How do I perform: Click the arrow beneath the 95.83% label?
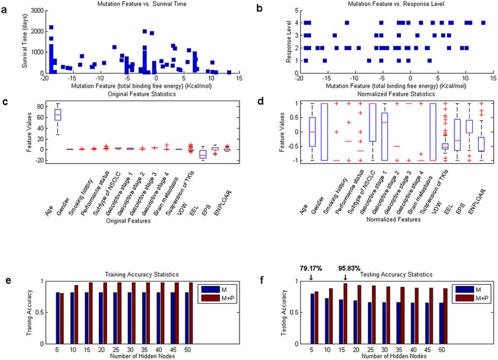345,277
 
